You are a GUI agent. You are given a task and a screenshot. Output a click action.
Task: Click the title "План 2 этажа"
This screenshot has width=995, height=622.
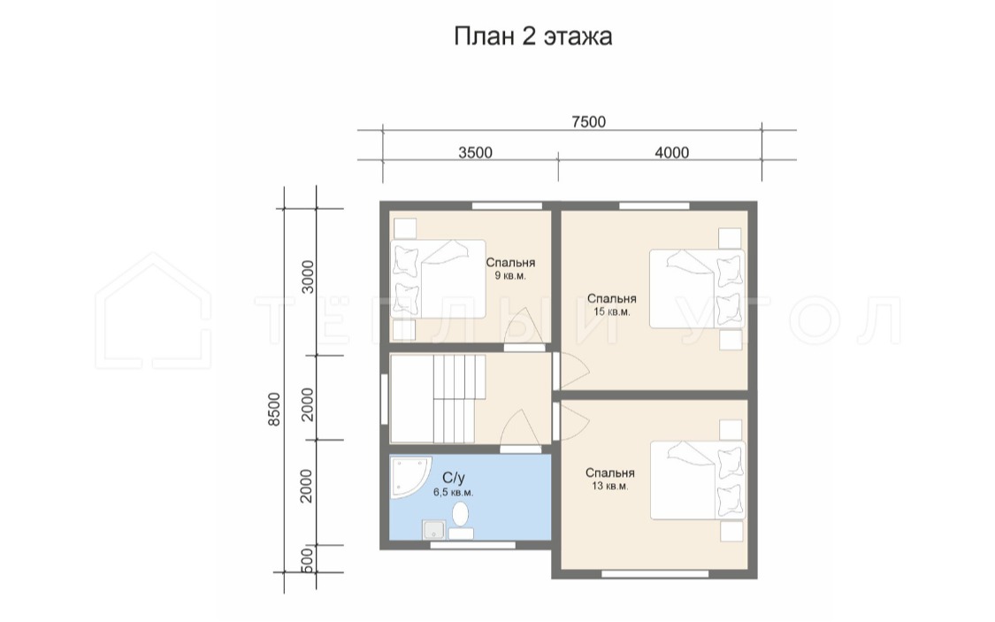pos(533,36)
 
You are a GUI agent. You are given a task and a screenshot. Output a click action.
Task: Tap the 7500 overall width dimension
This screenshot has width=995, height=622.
pos(589,121)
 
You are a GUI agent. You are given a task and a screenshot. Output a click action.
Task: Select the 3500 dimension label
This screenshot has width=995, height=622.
pos(475,152)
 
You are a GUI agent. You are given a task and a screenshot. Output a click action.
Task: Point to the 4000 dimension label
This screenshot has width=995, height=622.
pos(672,152)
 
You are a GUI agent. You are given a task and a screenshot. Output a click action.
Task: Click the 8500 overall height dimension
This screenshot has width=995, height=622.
pos(274,409)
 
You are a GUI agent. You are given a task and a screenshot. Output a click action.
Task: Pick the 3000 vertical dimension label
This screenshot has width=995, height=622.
pos(308,276)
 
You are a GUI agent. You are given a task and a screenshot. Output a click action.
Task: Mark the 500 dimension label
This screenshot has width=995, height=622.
pos(307,560)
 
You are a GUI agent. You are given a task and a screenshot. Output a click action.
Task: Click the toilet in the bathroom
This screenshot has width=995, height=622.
pos(461,520)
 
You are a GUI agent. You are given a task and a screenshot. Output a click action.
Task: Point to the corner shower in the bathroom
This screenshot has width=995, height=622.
pos(409,477)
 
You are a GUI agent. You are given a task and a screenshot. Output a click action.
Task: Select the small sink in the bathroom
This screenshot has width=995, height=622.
pos(434,529)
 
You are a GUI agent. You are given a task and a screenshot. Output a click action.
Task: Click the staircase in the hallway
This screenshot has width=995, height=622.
pos(438,398)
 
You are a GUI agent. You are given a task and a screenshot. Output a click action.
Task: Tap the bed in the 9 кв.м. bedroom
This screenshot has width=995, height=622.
pos(438,279)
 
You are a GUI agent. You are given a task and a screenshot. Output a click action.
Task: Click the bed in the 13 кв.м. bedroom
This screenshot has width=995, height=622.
pos(698,480)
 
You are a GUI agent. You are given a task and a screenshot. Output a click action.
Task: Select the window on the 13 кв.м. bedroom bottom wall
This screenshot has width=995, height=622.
pos(654,574)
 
